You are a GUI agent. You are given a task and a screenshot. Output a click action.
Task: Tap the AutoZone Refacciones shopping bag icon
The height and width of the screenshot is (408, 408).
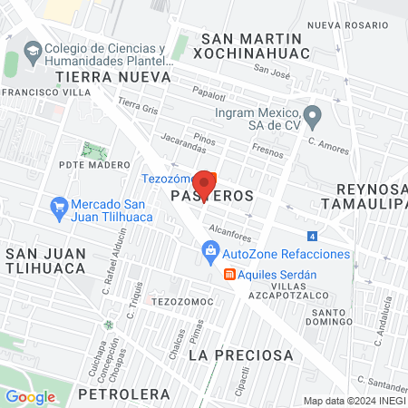click(x=210, y=251)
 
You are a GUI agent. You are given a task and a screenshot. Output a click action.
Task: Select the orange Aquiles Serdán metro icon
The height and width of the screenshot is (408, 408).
click(x=230, y=274)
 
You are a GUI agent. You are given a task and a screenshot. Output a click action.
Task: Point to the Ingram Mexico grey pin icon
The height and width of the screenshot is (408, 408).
click(x=313, y=114)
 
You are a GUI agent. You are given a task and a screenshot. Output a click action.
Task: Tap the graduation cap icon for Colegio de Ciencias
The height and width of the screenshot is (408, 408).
click(x=33, y=51)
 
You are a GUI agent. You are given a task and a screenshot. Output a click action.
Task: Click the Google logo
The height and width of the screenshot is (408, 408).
click(x=31, y=396)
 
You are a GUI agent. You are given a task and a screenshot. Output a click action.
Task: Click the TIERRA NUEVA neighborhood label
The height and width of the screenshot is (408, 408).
click(x=99, y=77)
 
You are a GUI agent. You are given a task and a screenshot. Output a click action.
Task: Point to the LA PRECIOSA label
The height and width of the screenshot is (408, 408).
click(x=229, y=355)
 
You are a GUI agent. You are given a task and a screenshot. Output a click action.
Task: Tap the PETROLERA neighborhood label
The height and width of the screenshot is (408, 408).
click(x=124, y=393)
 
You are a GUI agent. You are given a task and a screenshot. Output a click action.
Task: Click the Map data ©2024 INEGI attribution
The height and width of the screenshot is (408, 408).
click(x=353, y=401)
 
